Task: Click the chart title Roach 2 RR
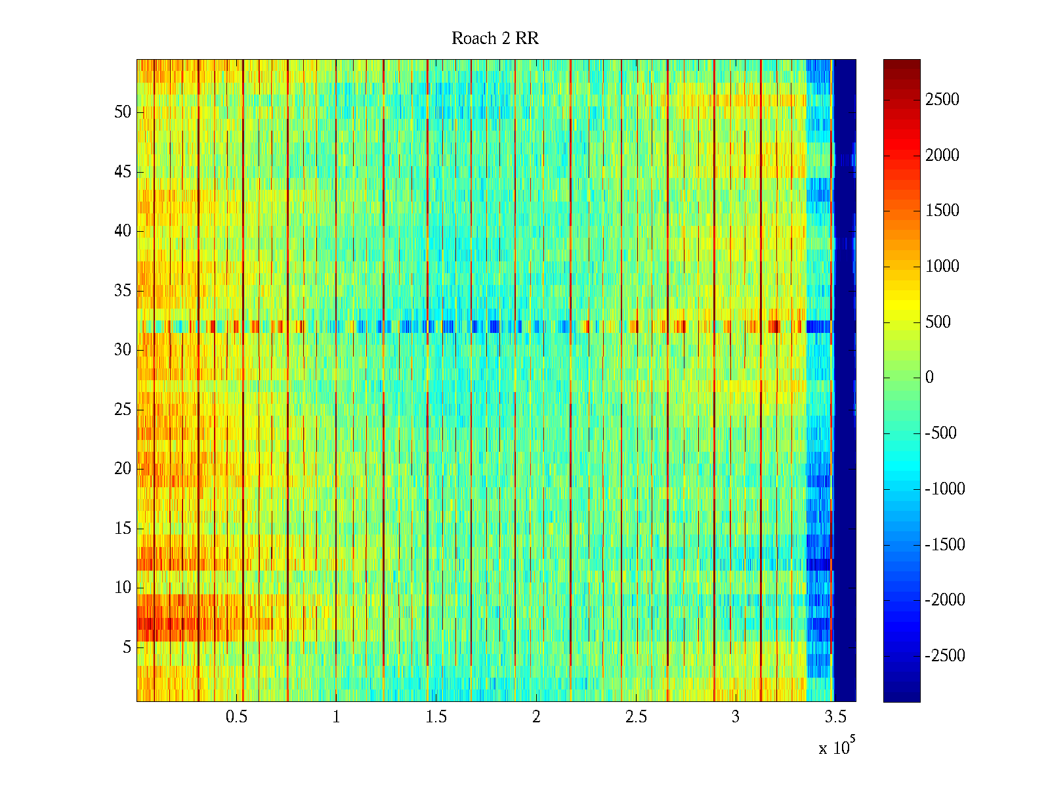pyautogui.click(x=495, y=39)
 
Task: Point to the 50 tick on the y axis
pyautogui.click(x=123, y=112)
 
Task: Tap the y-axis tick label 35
pyautogui.click(x=123, y=291)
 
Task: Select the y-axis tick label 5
pyautogui.click(x=127, y=647)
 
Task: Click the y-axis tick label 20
pyautogui.click(x=123, y=469)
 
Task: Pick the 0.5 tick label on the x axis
pyautogui.click(x=236, y=717)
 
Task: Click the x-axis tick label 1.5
pyautogui.click(x=436, y=717)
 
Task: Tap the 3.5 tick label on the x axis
pyautogui.click(x=835, y=717)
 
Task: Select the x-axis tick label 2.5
pyautogui.click(x=635, y=717)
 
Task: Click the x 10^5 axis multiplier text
pyautogui.click(x=837, y=747)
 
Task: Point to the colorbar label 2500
pyautogui.click(x=942, y=100)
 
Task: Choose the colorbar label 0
pyautogui.click(x=929, y=378)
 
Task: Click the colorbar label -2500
pyautogui.click(x=944, y=656)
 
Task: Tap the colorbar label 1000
pyautogui.click(x=942, y=267)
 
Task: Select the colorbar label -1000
pyautogui.click(x=944, y=489)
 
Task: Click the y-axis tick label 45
pyautogui.click(x=123, y=172)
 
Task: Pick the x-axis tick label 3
pyautogui.click(x=735, y=717)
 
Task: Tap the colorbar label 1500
pyautogui.click(x=942, y=211)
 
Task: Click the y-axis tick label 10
pyautogui.click(x=123, y=588)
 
